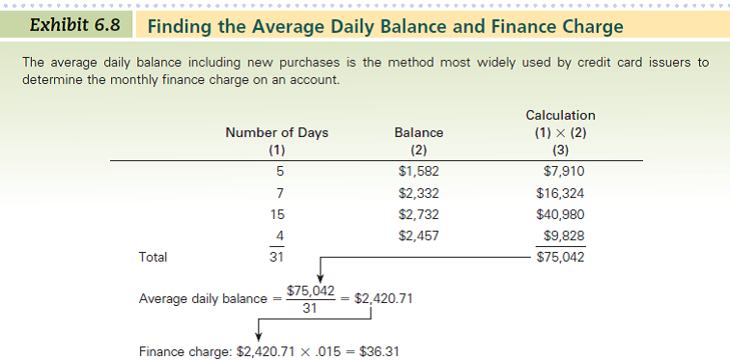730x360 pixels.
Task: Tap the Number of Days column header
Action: click(x=276, y=133)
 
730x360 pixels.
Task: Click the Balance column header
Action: click(x=419, y=133)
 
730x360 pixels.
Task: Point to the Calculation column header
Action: click(x=560, y=116)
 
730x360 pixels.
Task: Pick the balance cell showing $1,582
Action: click(x=418, y=172)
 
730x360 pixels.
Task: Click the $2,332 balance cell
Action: click(x=418, y=193)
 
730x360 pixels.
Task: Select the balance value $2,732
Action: click(x=418, y=214)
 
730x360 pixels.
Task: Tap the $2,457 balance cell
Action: click(x=418, y=235)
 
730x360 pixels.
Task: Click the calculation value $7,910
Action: click(x=564, y=172)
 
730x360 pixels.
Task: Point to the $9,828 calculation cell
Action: click(x=564, y=235)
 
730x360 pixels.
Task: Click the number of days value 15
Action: click(x=277, y=214)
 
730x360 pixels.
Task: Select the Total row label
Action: click(x=154, y=258)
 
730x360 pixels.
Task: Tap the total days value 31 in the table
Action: click(x=276, y=258)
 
